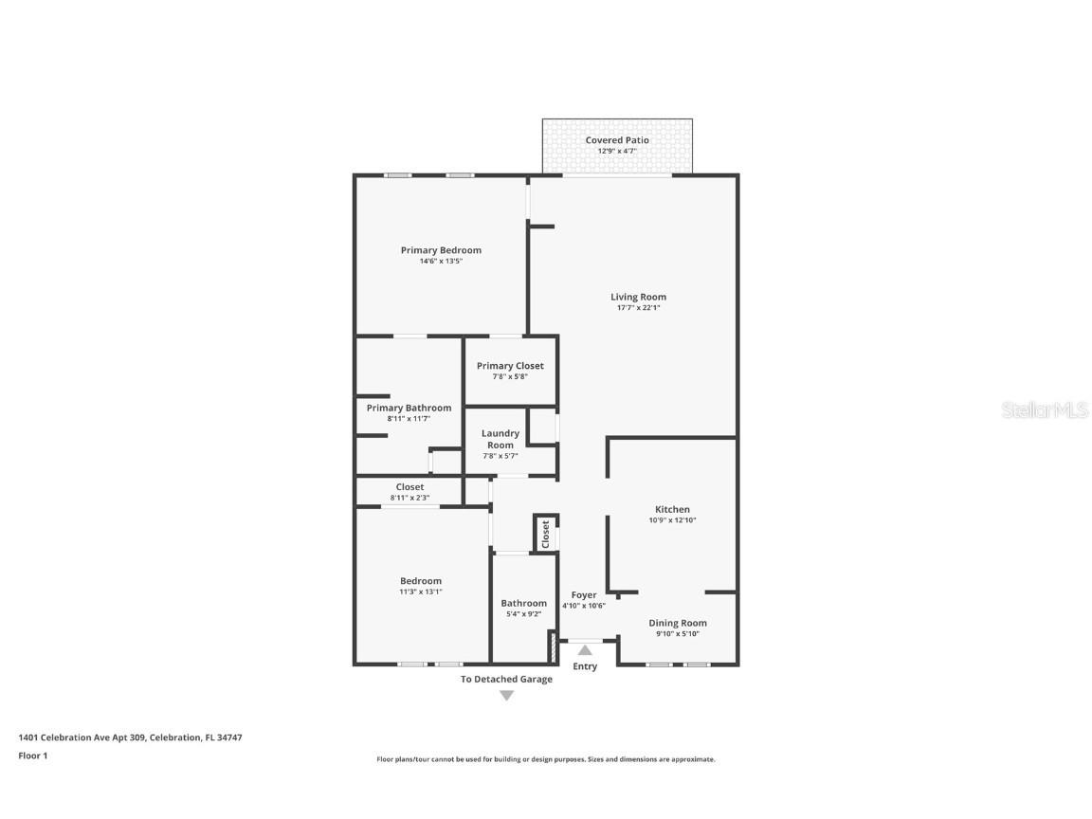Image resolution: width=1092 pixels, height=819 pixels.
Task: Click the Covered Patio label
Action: [617, 140]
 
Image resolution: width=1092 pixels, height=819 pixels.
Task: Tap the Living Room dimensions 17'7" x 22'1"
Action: [638, 308]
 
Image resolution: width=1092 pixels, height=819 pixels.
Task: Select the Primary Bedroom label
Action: [441, 250]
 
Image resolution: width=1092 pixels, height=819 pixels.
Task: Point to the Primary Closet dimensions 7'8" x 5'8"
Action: [510, 376]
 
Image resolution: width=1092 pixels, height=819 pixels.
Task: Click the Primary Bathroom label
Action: [409, 408]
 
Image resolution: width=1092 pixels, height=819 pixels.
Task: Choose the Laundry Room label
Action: [500, 439]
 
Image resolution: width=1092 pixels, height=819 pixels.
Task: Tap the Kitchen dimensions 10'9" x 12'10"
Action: [672, 520]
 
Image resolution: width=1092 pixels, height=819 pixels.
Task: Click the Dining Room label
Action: [677, 623]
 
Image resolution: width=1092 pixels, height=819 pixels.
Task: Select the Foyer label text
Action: [584, 595]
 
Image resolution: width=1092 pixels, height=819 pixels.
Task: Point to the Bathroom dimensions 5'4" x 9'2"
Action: [523, 614]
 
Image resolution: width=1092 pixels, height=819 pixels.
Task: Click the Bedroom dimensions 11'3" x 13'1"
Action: [420, 591]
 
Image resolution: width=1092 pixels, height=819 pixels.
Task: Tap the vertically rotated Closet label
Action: [546, 534]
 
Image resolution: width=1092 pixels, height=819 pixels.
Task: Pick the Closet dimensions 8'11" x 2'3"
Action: [409, 498]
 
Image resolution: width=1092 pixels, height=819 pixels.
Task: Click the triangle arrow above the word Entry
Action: [585, 650]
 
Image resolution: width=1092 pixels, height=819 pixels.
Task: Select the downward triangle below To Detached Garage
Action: [506, 696]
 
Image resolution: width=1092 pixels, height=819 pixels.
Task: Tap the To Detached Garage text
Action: [506, 679]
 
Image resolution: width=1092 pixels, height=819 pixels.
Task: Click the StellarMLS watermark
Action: [1045, 409]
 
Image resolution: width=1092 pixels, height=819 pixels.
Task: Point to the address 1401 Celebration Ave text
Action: [130, 737]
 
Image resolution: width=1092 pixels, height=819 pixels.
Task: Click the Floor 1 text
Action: [32, 755]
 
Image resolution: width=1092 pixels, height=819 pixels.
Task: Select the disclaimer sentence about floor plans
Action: [546, 759]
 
